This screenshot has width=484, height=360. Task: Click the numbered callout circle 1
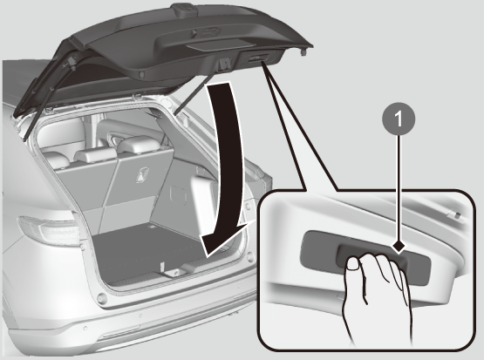pos(399,119)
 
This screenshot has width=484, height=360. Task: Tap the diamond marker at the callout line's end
pos(399,247)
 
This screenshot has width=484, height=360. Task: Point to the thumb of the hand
pos(353,264)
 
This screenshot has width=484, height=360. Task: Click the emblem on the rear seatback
pos(142,174)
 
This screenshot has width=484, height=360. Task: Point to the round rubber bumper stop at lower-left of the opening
pos(100,299)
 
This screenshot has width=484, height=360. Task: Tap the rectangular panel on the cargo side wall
pos(179,195)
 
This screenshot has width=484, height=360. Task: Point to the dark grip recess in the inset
pos(365,258)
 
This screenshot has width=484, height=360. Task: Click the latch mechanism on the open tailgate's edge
pos(223,65)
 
